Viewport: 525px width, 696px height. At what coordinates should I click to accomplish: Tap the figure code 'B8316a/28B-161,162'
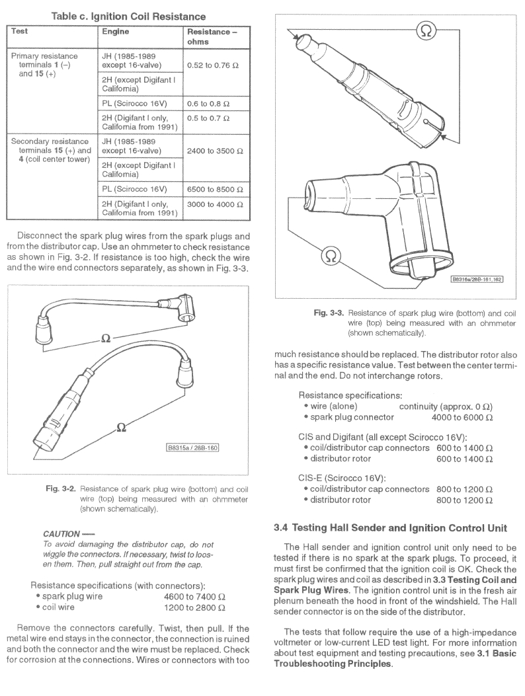(x=477, y=280)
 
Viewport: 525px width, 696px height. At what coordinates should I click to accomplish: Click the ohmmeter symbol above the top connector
(x=427, y=30)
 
